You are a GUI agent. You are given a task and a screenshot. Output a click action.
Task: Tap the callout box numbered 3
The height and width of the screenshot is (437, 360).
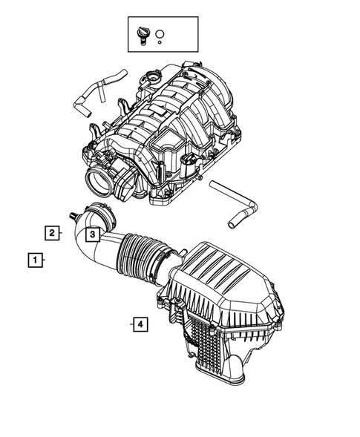point(91,235)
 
